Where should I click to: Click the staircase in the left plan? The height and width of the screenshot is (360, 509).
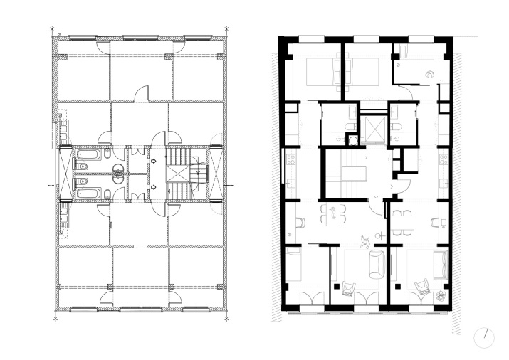pyautogui.click(x=183, y=174)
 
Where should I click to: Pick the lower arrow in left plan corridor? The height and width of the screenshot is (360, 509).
pyautogui.click(x=153, y=186)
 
